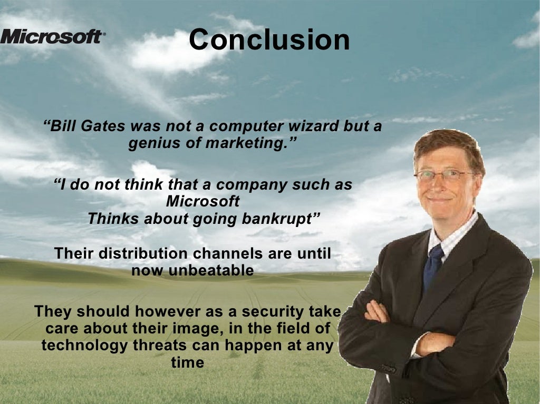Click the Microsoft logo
tap(52, 37)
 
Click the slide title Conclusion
tap(269, 40)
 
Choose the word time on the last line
tap(187, 362)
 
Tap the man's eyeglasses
tap(443, 175)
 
